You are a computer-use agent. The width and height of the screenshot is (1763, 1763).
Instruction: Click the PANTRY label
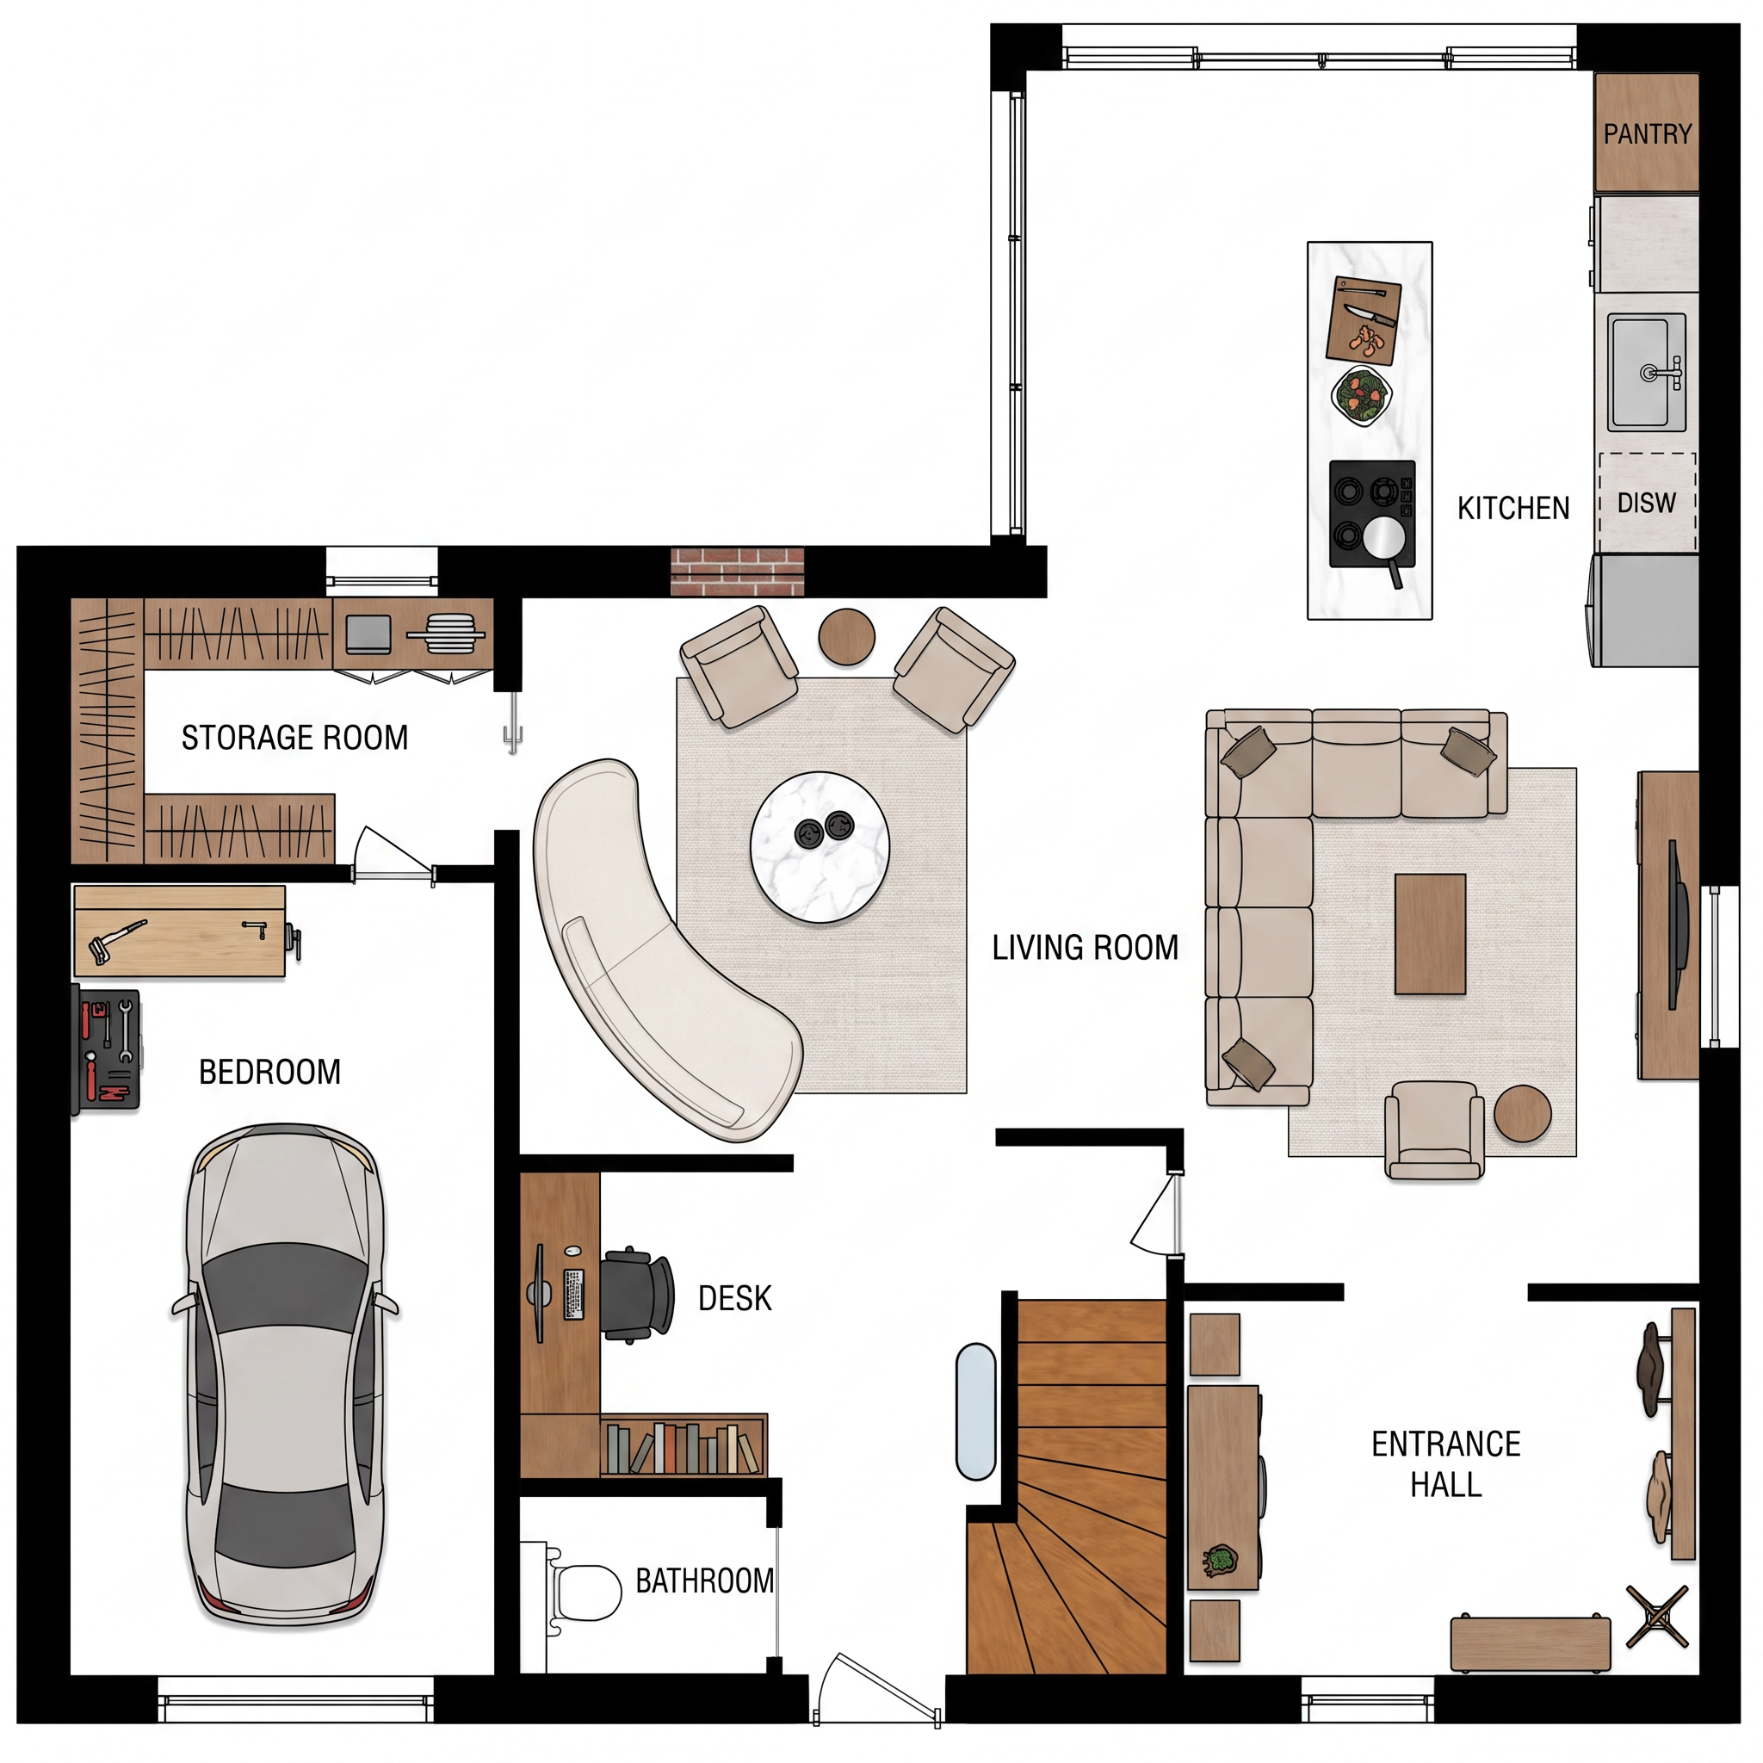tap(1647, 134)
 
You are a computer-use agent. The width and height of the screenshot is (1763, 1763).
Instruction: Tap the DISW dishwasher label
tap(1646, 503)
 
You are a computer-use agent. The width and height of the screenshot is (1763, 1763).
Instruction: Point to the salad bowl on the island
tap(1361, 395)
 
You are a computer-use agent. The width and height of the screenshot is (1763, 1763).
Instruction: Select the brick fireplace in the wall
tap(738, 572)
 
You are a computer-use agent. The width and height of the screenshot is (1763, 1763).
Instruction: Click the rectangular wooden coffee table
tap(1430, 933)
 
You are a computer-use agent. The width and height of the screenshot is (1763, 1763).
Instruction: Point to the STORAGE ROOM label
tap(294, 738)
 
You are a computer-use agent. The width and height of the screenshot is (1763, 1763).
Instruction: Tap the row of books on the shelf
tap(683, 1448)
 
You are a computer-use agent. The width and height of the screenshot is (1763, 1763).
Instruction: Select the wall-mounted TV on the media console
tap(1673, 924)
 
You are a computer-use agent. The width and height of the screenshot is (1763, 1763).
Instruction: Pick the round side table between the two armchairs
tap(847, 637)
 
